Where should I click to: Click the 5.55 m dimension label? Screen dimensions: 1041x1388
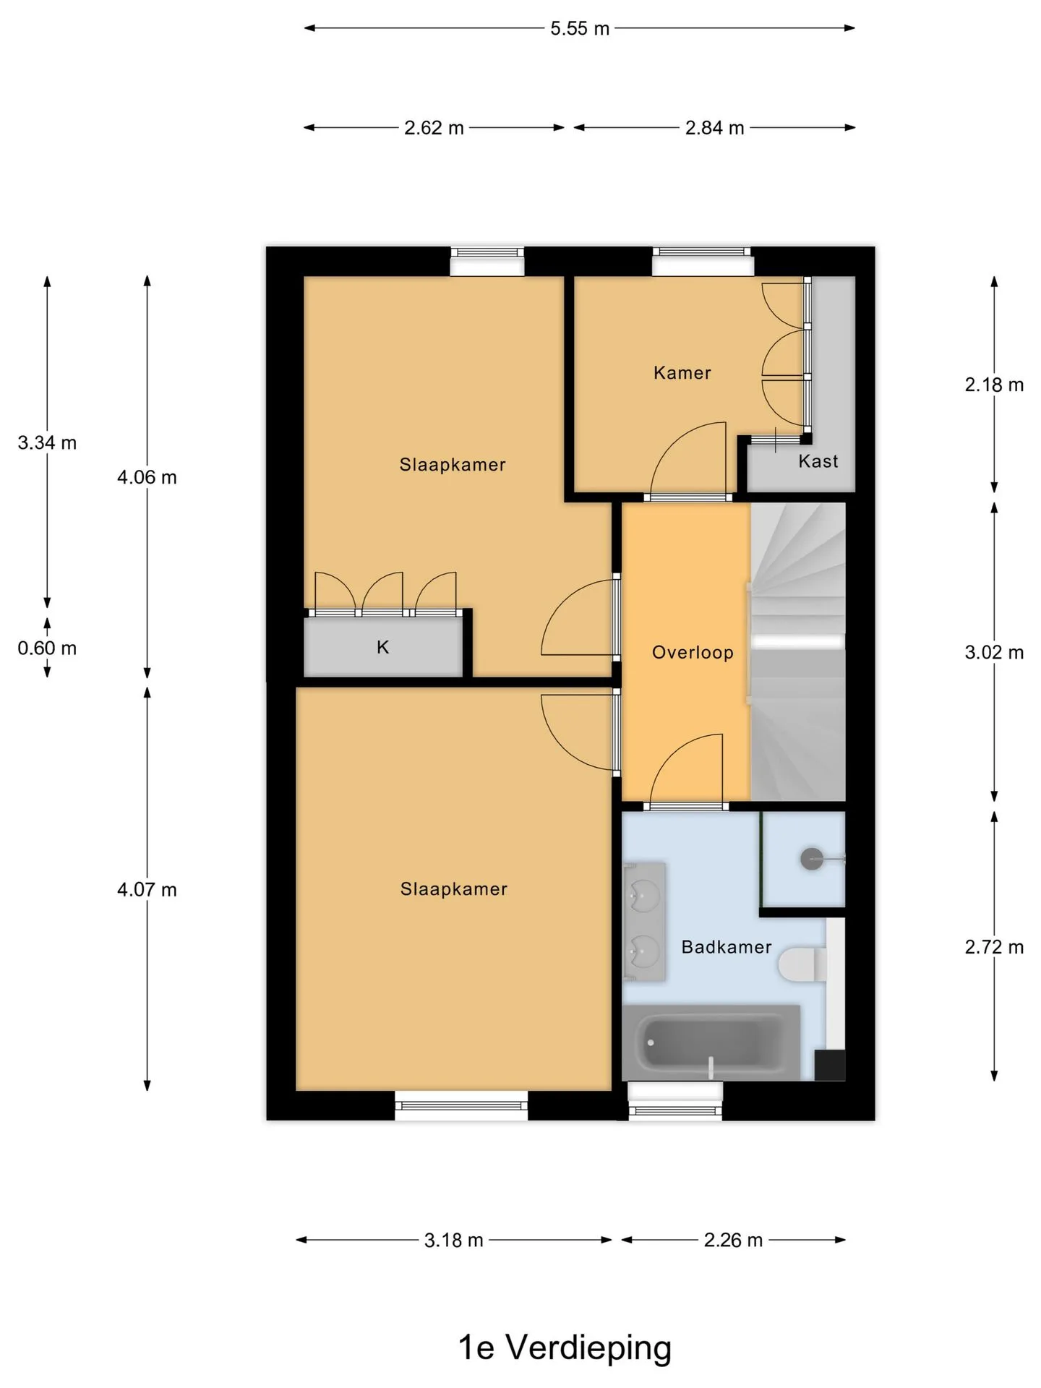[580, 29]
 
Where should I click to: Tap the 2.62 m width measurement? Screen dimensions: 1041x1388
[434, 128]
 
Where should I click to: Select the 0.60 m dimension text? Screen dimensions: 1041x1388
[47, 648]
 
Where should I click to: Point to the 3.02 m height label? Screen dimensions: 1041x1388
[994, 652]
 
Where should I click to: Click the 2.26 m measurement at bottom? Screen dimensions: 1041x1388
[733, 1240]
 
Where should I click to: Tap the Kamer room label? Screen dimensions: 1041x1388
[682, 373]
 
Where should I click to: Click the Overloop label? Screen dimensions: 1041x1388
[693, 653]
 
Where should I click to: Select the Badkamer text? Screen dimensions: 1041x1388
[727, 947]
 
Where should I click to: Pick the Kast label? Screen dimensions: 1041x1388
[818, 461]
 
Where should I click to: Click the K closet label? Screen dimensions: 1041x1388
[383, 647]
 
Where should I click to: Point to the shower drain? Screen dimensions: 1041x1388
[811, 859]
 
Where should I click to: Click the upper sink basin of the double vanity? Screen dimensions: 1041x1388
[643, 896]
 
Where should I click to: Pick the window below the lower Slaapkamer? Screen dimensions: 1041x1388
[461, 1105]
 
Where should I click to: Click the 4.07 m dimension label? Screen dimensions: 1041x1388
[147, 889]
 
